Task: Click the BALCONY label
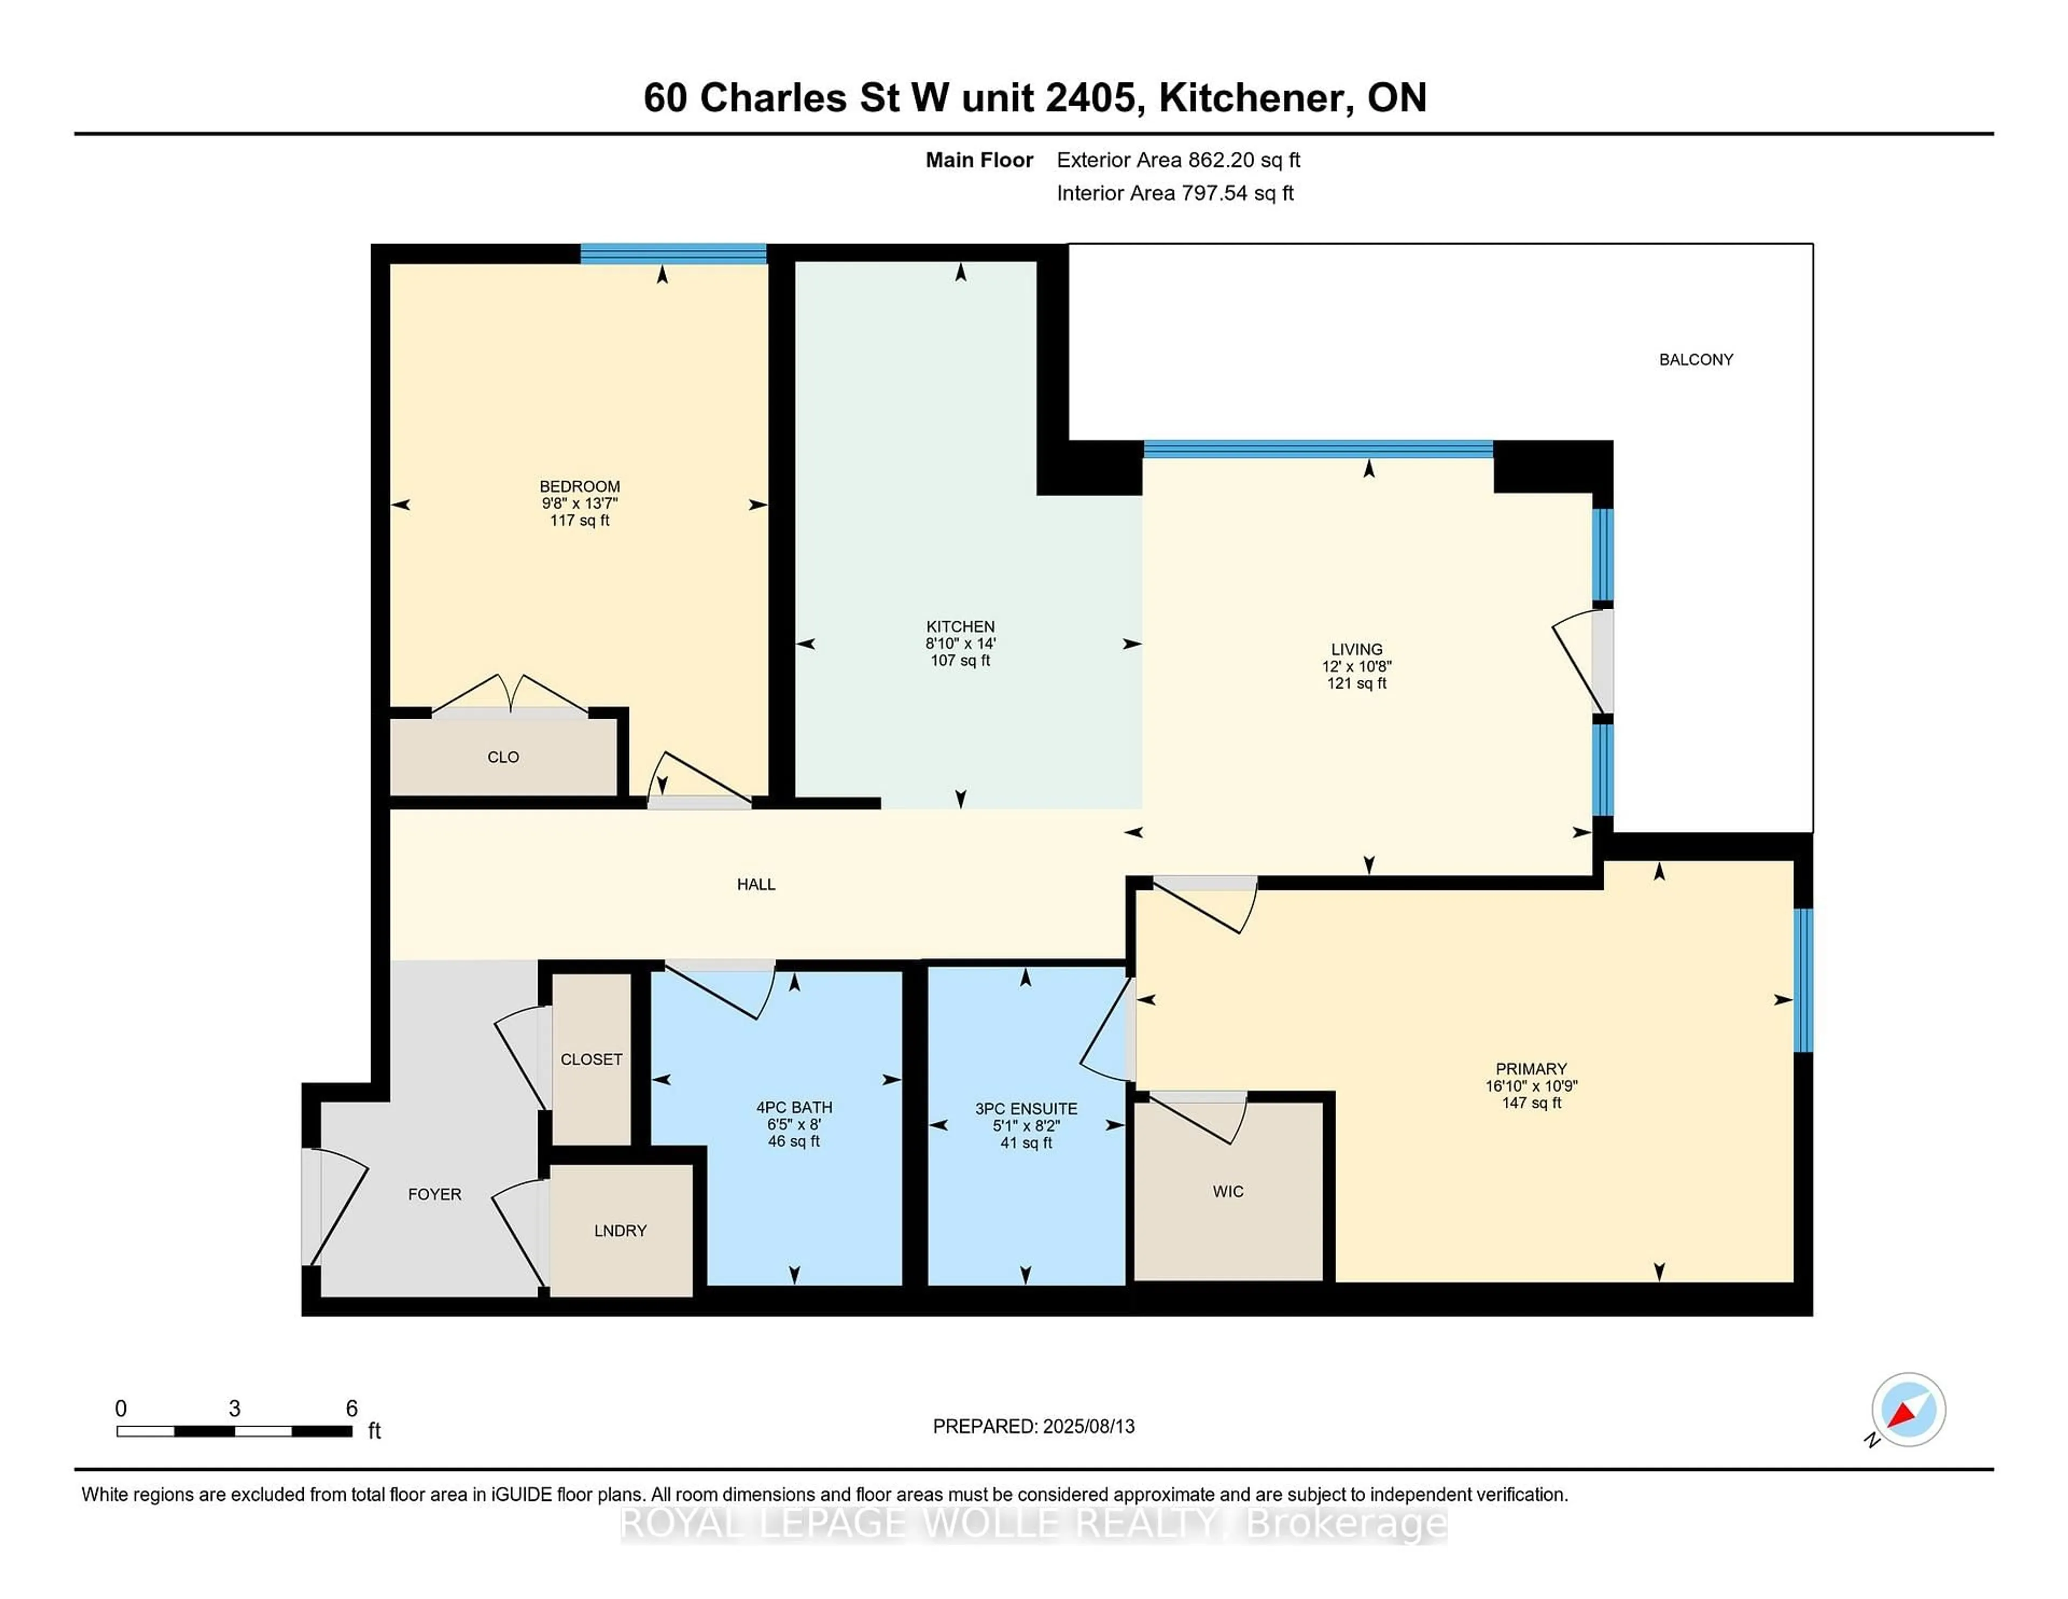pos(1696,360)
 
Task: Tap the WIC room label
pos(1228,1192)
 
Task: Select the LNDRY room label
pos(620,1230)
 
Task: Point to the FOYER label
pos(435,1194)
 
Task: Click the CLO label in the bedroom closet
pos(503,757)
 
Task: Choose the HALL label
pos(756,884)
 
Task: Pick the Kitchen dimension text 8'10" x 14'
pos(960,643)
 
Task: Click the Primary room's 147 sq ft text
pos(1531,1103)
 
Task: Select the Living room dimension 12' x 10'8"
pos(1357,666)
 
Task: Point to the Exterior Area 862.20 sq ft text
pos(1179,160)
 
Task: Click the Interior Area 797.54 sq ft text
pos(1175,193)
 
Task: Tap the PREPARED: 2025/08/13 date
pos(1034,1426)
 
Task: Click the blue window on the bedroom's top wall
pos(673,253)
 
